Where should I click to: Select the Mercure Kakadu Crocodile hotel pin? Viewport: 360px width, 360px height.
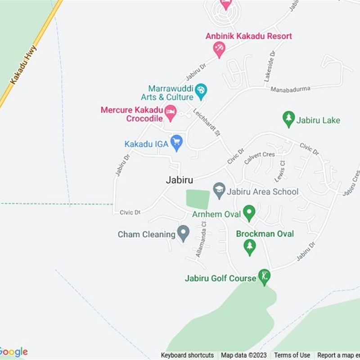170,112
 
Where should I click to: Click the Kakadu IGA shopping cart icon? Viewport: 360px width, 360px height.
177,143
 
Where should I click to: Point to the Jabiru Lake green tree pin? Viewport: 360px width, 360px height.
288,119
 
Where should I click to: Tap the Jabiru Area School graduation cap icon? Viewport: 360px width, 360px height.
219,190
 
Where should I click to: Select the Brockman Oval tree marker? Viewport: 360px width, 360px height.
249,246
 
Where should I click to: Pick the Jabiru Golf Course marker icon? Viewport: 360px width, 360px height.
264,277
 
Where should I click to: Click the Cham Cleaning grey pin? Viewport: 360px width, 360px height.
183,233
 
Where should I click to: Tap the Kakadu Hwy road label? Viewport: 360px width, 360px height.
23,64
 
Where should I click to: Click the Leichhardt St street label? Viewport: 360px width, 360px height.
207,122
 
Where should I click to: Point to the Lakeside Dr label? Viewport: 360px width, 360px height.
270,67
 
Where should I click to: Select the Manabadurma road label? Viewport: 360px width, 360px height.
290,89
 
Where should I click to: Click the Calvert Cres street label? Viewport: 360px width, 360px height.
259,157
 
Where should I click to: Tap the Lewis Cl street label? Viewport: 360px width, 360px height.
280,170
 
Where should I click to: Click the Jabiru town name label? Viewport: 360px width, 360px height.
179,180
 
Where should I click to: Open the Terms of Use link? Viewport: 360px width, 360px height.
292,355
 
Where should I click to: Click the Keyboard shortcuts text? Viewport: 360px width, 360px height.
187,355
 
